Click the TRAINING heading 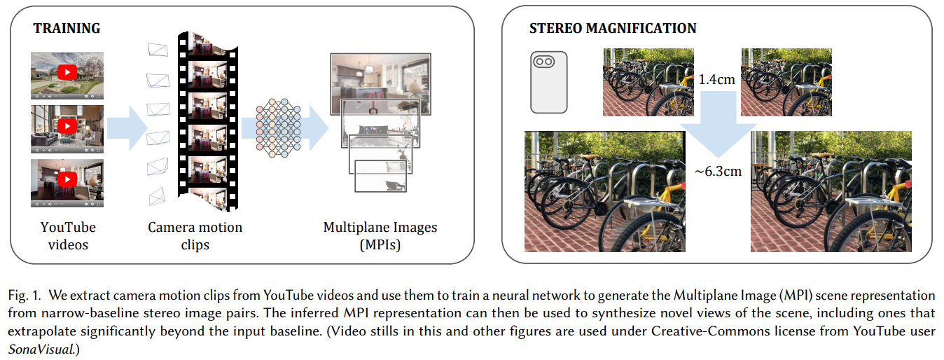67,29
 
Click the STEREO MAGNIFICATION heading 612,29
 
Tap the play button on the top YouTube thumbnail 67,72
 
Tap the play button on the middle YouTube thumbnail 67,126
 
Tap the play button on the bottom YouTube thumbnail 67,180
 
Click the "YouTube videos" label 68,236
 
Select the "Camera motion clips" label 195,236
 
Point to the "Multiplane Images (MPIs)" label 380,236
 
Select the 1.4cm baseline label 716,80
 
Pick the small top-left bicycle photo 648,81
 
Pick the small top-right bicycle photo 786,81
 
